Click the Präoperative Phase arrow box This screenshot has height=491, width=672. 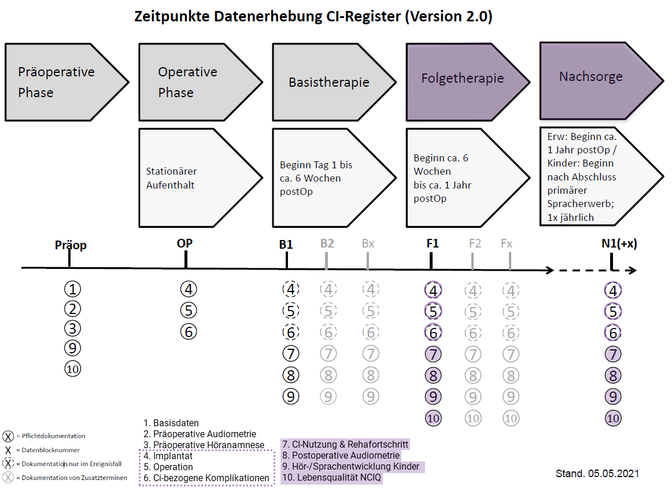click(64, 82)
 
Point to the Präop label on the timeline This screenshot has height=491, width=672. click(71, 245)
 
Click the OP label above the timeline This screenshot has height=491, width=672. click(184, 243)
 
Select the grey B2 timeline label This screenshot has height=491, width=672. click(327, 244)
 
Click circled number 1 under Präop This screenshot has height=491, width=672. click(72, 289)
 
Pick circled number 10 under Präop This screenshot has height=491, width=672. click(72, 368)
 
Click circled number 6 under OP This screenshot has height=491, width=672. click(189, 331)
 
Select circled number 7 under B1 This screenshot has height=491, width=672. click(291, 353)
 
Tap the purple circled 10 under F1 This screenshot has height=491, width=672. click(433, 418)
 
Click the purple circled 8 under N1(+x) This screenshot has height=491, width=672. click(614, 375)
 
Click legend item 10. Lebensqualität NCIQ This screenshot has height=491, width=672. click(332, 478)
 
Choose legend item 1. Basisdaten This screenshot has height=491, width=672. click(171, 423)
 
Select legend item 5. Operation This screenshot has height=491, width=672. click(168, 467)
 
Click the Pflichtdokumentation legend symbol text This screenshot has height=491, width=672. click(50, 436)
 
